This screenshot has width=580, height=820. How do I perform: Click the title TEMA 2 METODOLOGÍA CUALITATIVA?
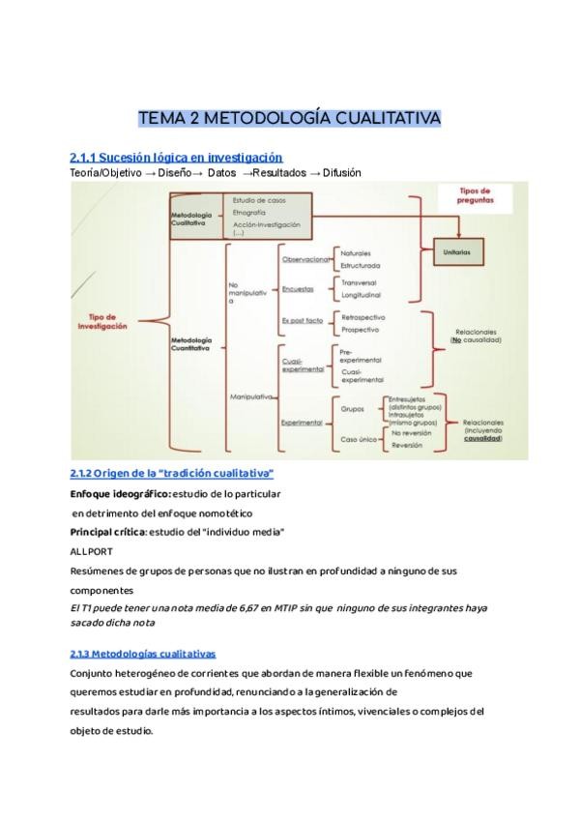click(x=290, y=118)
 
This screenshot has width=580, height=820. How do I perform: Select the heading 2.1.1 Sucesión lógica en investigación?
click(x=176, y=157)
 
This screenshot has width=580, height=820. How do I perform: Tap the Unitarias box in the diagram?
click(x=459, y=250)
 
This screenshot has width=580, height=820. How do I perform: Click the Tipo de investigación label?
click(x=102, y=321)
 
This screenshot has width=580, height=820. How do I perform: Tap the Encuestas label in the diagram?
click(x=298, y=288)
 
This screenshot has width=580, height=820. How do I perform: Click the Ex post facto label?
click(x=302, y=320)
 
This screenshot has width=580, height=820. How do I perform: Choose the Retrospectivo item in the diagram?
click(x=363, y=316)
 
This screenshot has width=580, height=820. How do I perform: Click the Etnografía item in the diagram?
click(x=249, y=211)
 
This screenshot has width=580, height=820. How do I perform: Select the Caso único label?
click(x=357, y=439)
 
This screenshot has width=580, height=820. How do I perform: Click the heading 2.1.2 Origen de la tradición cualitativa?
click(x=172, y=473)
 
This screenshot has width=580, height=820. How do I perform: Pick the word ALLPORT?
click(x=92, y=551)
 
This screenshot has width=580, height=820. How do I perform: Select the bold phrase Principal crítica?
click(x=106, y=532)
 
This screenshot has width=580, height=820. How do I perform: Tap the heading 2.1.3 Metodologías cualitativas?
click(x=143, y=654)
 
